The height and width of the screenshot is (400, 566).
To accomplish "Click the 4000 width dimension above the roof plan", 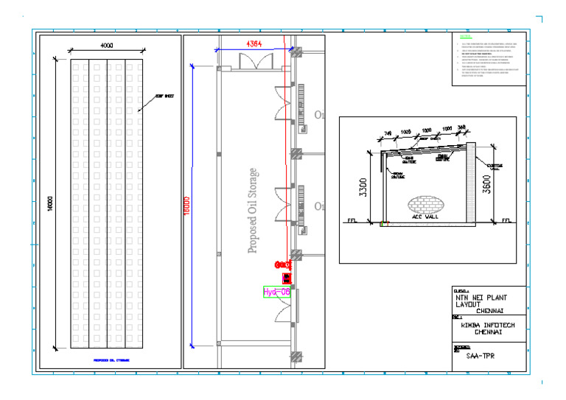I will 107,46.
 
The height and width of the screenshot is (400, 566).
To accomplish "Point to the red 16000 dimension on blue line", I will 186,204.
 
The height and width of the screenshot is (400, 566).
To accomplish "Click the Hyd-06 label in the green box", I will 277,292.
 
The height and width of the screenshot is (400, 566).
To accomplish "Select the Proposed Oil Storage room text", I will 252,211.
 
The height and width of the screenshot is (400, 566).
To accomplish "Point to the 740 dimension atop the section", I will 388,133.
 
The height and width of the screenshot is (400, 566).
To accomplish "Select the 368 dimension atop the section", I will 461,128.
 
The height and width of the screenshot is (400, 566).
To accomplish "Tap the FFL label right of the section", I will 506,220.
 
